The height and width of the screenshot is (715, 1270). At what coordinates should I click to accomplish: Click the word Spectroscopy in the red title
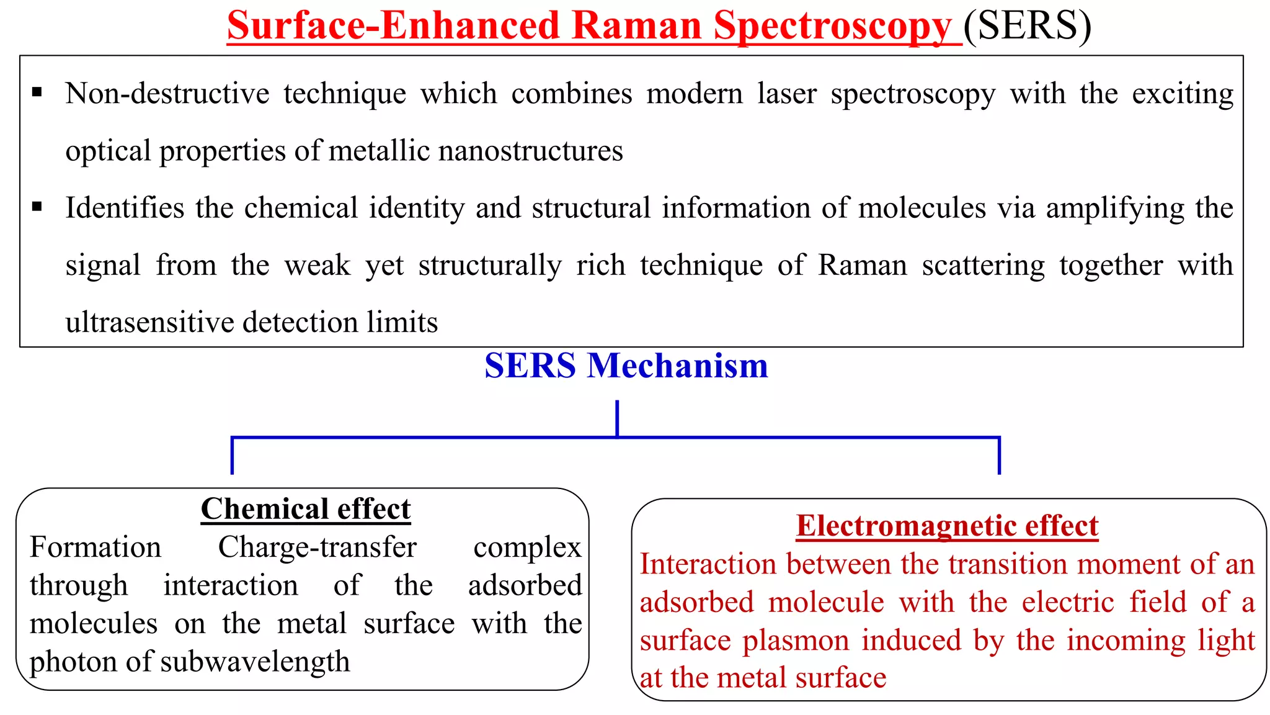click(832, 27)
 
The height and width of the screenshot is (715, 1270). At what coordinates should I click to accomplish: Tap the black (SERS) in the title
click(1027, 27)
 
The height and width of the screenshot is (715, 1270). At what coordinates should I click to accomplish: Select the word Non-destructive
click(167, 94)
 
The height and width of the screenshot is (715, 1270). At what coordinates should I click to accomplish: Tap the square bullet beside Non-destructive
click(37, 93)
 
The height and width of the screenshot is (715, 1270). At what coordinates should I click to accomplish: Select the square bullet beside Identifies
click(37, 207)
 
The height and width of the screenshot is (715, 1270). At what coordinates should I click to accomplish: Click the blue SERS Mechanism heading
click(626, 366)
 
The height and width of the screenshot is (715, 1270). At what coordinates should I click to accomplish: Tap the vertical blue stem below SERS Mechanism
click(617, 418)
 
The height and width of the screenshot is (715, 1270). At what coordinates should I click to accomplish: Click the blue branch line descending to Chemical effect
click(232, 456)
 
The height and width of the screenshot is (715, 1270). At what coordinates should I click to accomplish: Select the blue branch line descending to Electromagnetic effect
click(999, 456)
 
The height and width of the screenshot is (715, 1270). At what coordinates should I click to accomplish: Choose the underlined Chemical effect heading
click(306, 509)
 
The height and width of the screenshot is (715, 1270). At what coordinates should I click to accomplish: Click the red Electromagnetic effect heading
click(947, 526)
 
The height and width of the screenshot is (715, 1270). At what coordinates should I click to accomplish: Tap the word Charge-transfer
click(317, 547)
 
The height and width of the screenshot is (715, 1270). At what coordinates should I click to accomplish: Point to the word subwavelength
click(255, 662)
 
